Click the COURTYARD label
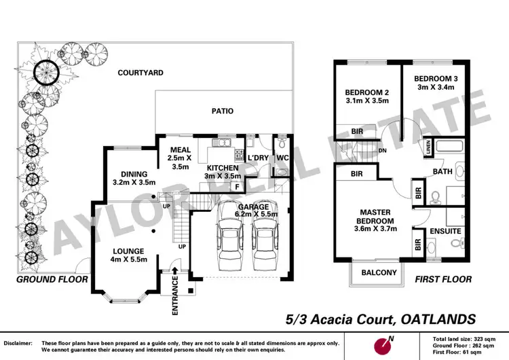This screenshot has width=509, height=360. (x=140, y=72)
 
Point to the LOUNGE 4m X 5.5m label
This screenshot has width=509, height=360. (x=127, y=255)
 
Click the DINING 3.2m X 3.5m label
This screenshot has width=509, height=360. (x=134, y=178)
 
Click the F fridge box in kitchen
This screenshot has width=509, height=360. (x=237, y=186)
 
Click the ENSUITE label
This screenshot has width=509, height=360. (x=445, y=232)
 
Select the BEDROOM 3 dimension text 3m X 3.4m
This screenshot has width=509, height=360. (x=437, y=88)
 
